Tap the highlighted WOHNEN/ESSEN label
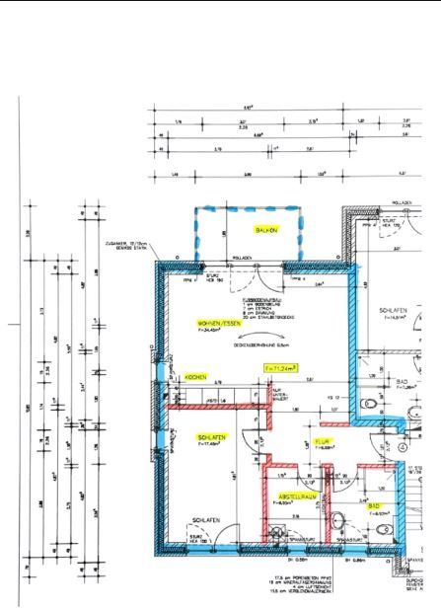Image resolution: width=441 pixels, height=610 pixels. [x=218, y=324]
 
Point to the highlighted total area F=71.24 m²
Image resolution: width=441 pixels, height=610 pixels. [x=282, y=366]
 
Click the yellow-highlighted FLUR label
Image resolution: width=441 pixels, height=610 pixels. [x=322, y=441]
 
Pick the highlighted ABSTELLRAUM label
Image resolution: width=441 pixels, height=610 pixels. [x=295, y=496]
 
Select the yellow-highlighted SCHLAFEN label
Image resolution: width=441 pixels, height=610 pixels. [x=213, y=436]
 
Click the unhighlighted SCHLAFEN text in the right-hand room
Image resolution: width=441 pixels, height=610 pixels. [x=394, y=310]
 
